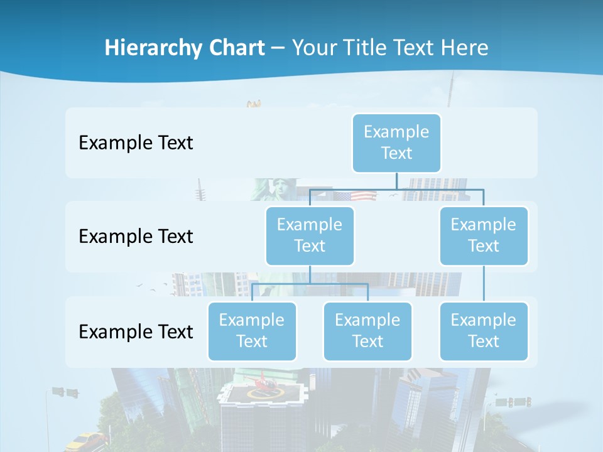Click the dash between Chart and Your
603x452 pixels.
[x=278, y=48]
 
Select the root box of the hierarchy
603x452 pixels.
[x=396, y=143]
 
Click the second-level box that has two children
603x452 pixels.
[x=310, y=235]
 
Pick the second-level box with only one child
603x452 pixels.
[x=484, y=235]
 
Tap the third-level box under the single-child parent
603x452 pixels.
[x=484, y=331]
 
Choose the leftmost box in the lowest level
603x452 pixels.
[x=252, y=331]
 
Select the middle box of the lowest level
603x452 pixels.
[x=367, y=331]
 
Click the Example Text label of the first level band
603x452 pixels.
[x=136, y=143]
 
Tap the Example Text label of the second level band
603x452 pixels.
[x=136, y=236]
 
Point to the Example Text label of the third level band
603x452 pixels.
[x=136, y=331]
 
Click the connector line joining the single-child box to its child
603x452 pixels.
[x=484, y=283]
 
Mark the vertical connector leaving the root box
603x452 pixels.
[x=396, y=180]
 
